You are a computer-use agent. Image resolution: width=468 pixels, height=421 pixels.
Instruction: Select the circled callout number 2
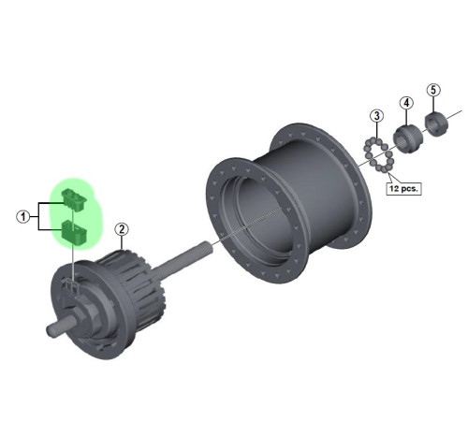tap(121, 228)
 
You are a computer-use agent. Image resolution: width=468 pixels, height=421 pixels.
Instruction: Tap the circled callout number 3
tap(375, 116)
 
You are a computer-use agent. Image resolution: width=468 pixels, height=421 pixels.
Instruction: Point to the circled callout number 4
tap(406, 102)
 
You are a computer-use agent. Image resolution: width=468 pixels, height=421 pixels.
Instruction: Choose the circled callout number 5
tap(432, 91)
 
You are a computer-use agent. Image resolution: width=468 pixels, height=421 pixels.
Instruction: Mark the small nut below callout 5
tap(434, 122)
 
